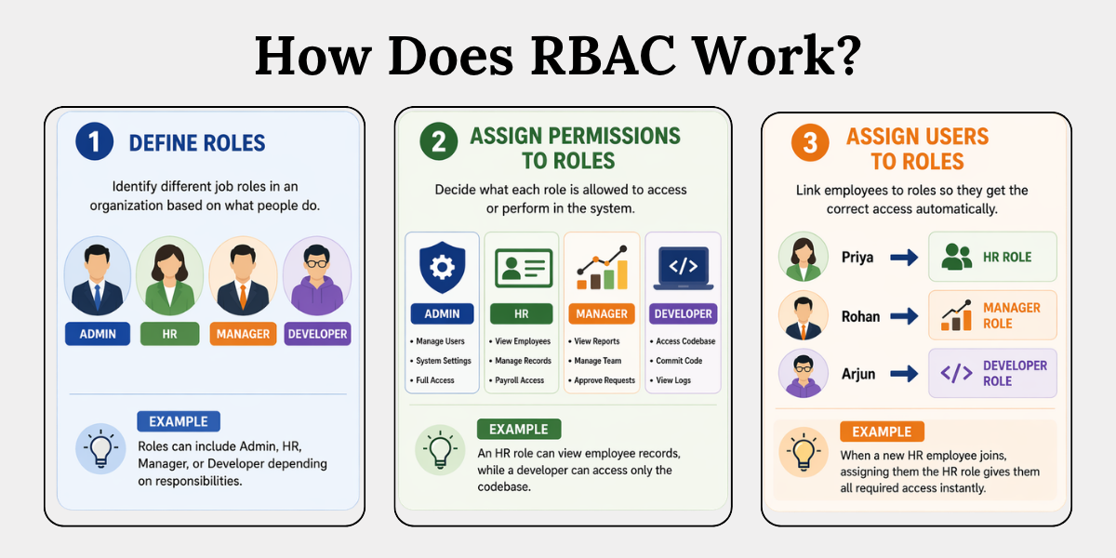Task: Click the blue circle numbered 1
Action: click(x=93, y=142)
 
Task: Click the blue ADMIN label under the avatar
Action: click(x=98, y=334)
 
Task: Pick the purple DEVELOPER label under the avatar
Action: click(x=317, y=334)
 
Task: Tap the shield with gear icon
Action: click(x=443, y=268)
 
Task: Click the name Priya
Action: click(x=857, y=258)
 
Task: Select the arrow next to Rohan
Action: click(x=904, y=316)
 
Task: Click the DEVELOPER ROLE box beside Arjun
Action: click(x=992, y=373)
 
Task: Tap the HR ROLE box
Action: click(x=992, y=257)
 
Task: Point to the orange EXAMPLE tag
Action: click(x=882, y=432)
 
